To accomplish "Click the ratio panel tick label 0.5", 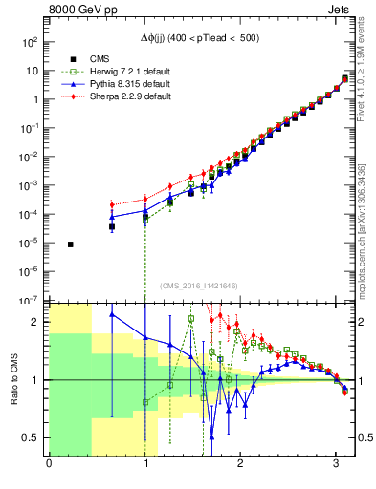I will pyautogui.click(x=31, y=437).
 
